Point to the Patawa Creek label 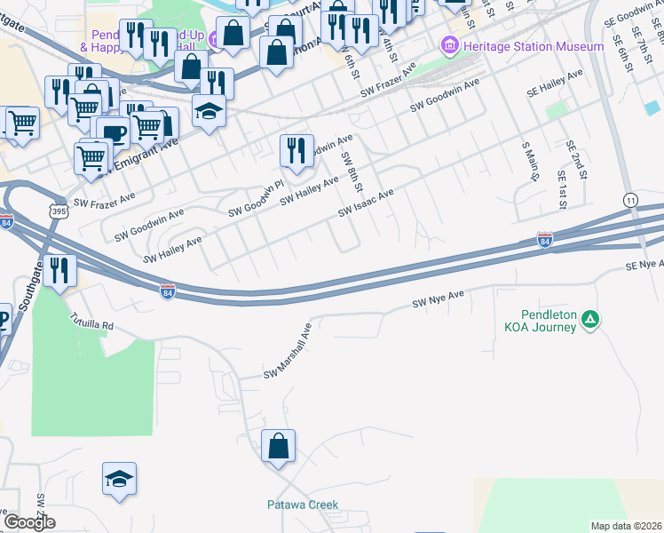pos(303,505)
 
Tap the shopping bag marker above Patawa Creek pos(279,447)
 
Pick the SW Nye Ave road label pos(439,299)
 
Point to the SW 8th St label pos(352,171)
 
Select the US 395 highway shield pos(59,211)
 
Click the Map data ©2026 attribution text pos(626,526)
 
